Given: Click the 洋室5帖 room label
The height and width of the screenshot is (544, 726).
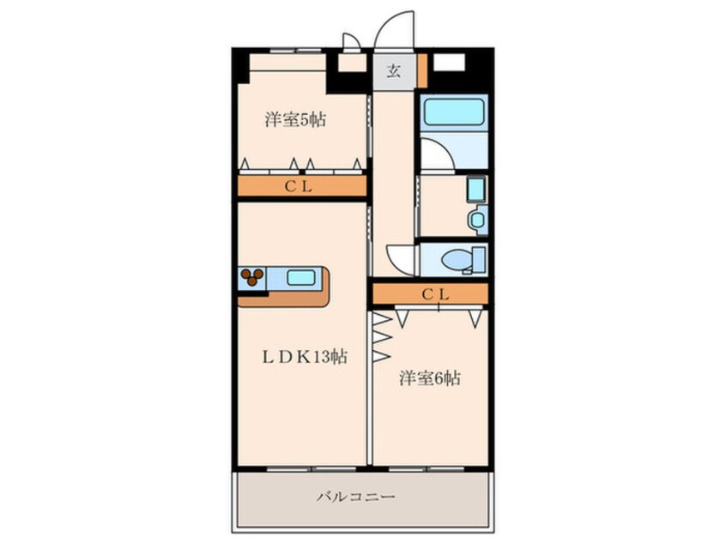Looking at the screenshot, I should point(294,120).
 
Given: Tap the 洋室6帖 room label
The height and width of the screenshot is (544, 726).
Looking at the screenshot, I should point(429,378).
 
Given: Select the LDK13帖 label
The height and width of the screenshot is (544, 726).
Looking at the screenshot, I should point(304,357).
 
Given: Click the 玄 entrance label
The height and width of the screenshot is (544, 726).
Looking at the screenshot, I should point(393,70).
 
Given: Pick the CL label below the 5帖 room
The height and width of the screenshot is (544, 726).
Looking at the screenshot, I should point(299,186).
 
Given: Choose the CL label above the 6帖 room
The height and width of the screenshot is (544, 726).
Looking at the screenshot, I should point(435,293).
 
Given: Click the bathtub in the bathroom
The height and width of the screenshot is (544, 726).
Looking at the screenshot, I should point(452,112).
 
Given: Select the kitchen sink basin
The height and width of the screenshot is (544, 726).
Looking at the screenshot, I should point(299,277).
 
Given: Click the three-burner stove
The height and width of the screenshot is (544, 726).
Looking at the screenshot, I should point(251,277).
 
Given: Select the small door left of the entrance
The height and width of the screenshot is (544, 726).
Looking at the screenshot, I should point(350,43).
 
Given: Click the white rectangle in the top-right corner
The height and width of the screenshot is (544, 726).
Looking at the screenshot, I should point(450,63).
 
